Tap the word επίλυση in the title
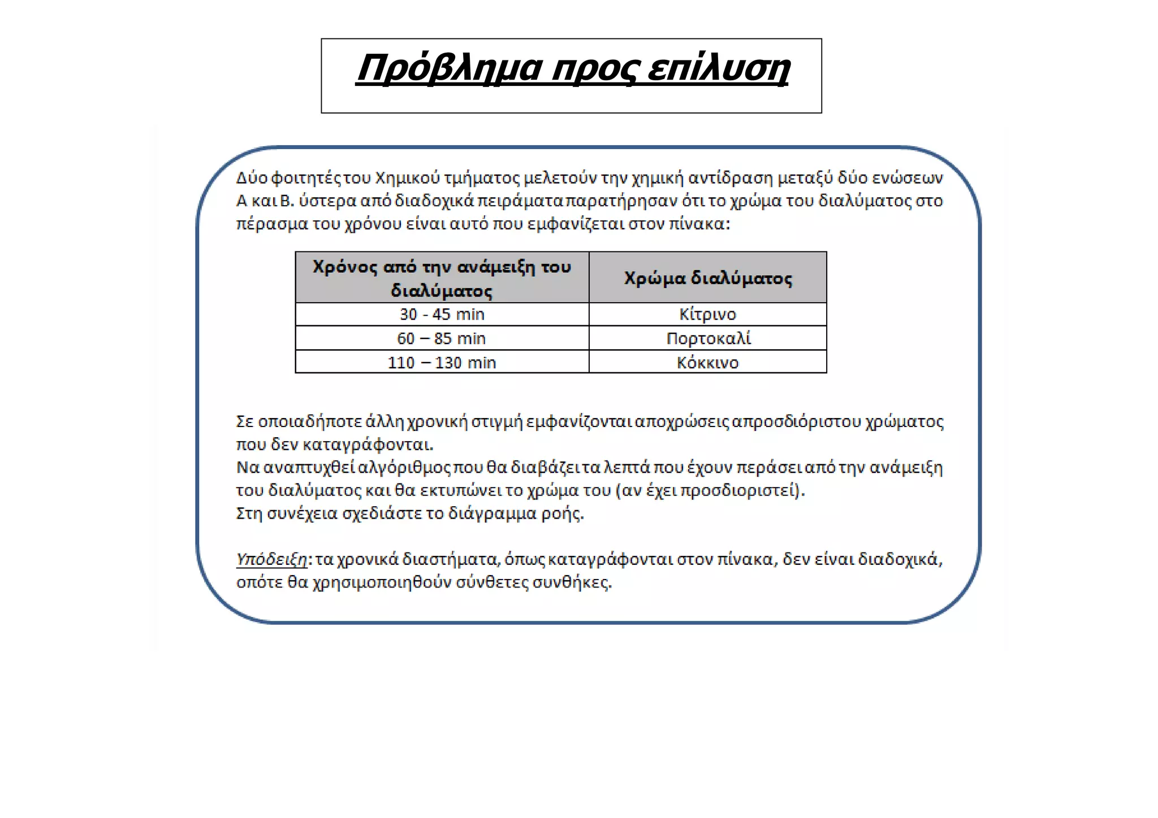click(x=718, y=69)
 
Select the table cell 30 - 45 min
click(x=442, y=314)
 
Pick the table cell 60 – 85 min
click(x=442, y=338)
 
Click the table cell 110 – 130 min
click(x=442, y=362)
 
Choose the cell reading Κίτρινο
click(x=707, y=314)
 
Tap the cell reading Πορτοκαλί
click(x=708, y=338)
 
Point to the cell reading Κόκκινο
click(x=707, y=362)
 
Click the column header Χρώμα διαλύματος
click(x=708, y=278)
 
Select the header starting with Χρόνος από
click(x=442, y=277)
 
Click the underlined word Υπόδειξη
click(x=271, y=559)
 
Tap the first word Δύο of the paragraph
click(x=252, y=178)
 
